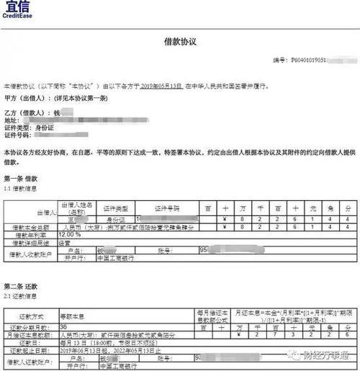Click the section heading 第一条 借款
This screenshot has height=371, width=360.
[x=22, y=177]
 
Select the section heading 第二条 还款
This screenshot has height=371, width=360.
[x=22, y=286]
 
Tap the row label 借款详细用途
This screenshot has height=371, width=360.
[x=32, y=242]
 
